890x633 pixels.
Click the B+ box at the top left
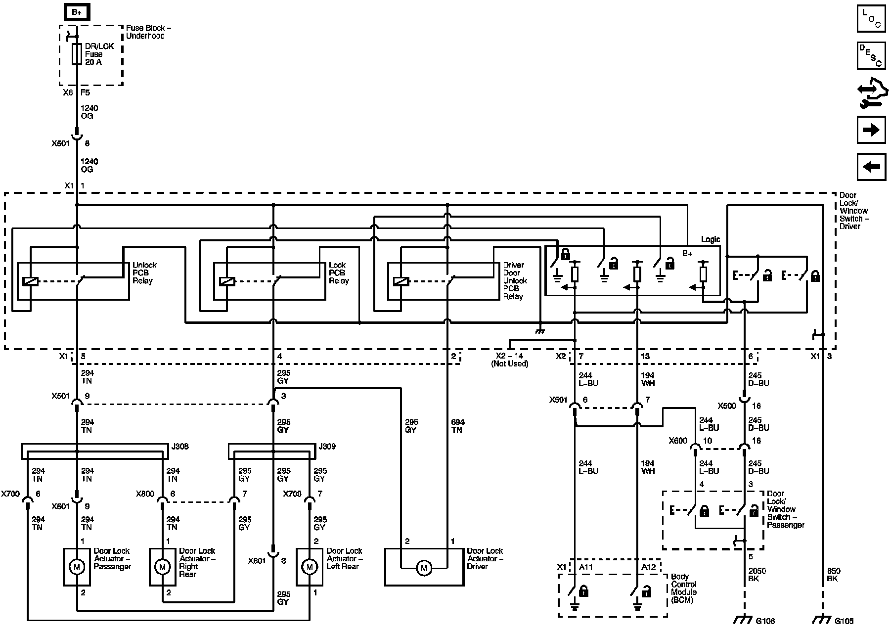(x=77, y=12)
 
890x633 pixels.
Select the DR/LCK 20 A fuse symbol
(x=77, y=54)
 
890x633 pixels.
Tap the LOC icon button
(x=871, y=18)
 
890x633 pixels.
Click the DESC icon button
(x=871, y=55)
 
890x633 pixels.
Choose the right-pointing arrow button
(x=871, y=130)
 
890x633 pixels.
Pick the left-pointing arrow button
(x=871, y=167)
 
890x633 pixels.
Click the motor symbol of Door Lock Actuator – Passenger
(x=77, y=567)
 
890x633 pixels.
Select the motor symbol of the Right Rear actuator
(x=162, y=567)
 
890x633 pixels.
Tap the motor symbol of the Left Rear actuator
(x=310, y=567)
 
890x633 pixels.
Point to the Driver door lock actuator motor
(x=424, y=569)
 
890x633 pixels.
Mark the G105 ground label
(x=844, y=621)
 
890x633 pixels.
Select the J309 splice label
(x=327, y=447)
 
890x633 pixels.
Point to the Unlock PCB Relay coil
(x=31, y=281)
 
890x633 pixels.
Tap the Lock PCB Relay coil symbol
(x=227, y=281)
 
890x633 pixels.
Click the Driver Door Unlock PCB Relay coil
(x=401, y=281)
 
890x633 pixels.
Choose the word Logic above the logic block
(x=711, y=239)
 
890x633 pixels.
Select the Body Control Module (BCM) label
(x=684, y=588)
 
